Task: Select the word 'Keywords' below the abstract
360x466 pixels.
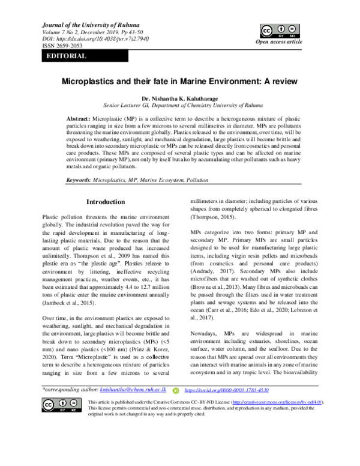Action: point(78,180)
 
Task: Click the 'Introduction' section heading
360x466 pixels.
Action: point(106,202)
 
